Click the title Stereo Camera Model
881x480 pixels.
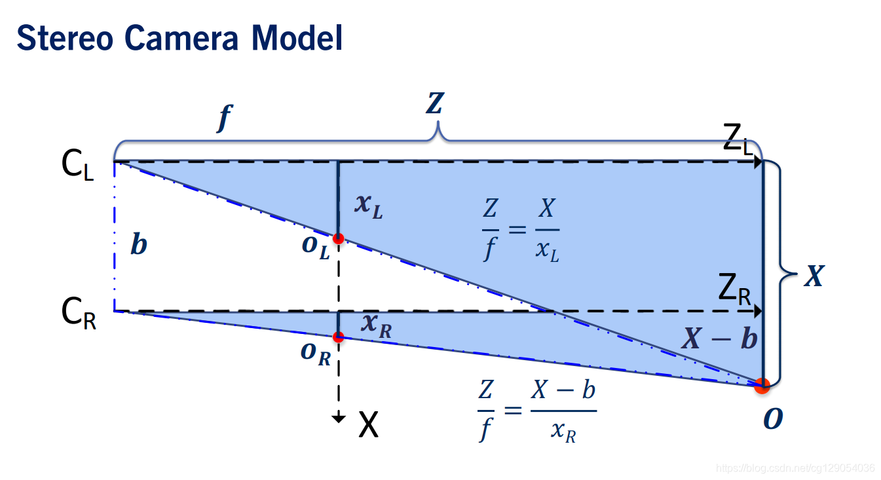pos(179,38)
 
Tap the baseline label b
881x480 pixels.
pos(139,246)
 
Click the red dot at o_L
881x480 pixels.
pos(338,238)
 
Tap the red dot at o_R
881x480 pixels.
pos(338,337)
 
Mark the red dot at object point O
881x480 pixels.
pos(761,386)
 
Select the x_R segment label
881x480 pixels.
pos(376,325)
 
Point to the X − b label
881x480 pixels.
pos(719,339)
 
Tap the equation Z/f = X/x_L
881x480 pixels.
pos(521,231)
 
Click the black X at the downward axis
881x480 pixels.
pos(369,426)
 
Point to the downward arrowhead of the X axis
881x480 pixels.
pos(338,418)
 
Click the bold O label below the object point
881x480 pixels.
pos(773,419)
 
